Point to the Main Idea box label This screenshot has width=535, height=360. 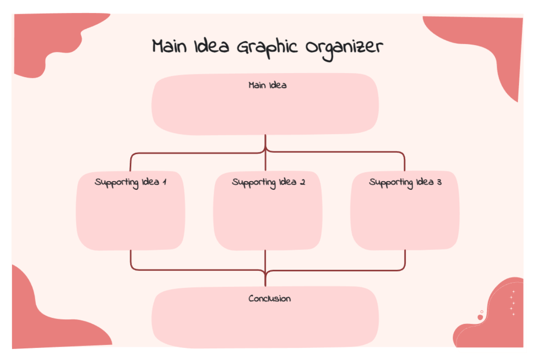pyautogui.click(x=267, y=85)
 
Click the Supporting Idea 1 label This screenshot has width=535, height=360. pyautogui.click(x=131, y=183)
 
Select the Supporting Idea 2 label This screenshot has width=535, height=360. pyautogui.click(x=268, y=183)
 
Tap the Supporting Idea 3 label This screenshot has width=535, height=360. pyautogui.click(x=405, y=183)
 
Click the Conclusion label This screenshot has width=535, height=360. pyautogui.click(x=269, y=299)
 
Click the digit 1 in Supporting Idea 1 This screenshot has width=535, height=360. pyautogui.click(x=165, y=182)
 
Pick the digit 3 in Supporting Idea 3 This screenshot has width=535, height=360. pyautogui.click(x=439, y=182)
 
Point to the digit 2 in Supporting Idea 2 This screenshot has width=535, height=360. pyautogui.click(x=302, y=182)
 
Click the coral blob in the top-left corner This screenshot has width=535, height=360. pyautogui.click(x=45, y=40)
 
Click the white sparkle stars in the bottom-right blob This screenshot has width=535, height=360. pyautogui.click(x=513, y=303)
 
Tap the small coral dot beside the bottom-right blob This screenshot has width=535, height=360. pyautogui.click(x=480, y=317)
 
